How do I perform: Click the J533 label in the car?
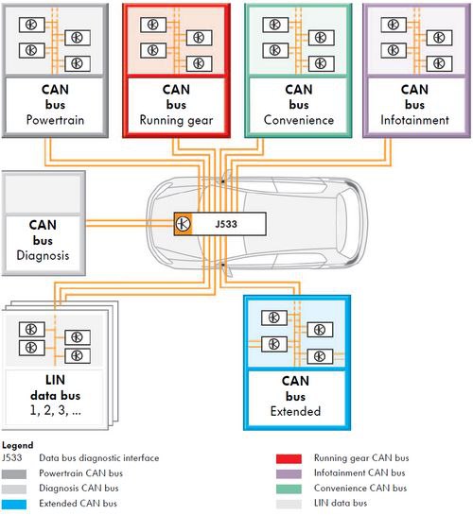click(x=226, y=224)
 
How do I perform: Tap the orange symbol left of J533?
click(x=184, y=224)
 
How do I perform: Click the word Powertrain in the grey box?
click(x=55, y=120)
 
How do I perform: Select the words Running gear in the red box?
click(x=176, y=120)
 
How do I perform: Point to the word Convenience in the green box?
click(x=299, y=120)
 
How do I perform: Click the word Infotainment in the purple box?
click(x=414, y=120)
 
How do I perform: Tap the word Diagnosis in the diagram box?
click(x=43, y=255)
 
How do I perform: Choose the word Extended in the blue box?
click(x=295, y=411)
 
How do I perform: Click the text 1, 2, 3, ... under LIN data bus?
click(x=55, y=410)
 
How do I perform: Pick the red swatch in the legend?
click(x=289, y=458)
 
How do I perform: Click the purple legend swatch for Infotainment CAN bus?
click(x=289, y=473)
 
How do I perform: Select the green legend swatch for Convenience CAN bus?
click(x=289, y=489)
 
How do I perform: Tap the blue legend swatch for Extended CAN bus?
click(x=14, y=505)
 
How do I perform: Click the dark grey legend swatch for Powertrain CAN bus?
click(x=14, y=474)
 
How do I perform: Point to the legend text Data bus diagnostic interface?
click(x=99, y=458)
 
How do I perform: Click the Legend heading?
click(x=17, y=445)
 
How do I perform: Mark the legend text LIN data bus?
click(x=341, y=503)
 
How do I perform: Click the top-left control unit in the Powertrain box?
click(x=32, y=25)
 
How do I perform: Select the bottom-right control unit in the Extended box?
click(x=320, y=356)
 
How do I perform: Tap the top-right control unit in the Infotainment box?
click(x=439, y=38)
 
